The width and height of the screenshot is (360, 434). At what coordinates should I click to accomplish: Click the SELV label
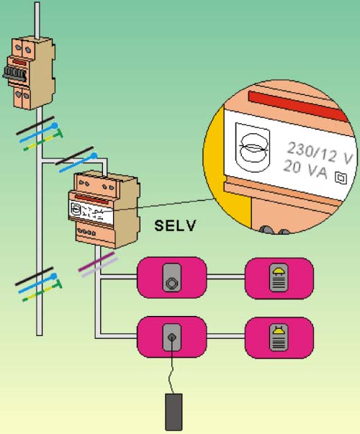coord(175,225)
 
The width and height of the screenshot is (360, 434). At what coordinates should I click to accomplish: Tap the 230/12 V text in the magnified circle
coord(320,153)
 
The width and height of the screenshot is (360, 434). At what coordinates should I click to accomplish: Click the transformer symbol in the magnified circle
coord(253,148)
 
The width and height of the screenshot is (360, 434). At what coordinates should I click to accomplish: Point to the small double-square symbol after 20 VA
coord(341,178)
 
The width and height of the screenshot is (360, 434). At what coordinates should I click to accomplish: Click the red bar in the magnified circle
coord(298,106)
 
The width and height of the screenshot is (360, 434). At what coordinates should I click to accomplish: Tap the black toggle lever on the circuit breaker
coord(14,74)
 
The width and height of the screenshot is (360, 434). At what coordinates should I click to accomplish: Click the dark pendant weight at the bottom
coord(174,412)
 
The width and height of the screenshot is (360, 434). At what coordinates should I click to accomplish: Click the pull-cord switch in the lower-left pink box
coord(171,338)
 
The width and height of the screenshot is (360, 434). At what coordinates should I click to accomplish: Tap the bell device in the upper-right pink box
coord(279,278)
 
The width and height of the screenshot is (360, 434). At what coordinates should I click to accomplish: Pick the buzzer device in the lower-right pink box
coord(279,338)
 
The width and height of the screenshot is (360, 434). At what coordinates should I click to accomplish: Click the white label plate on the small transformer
coord(91,212)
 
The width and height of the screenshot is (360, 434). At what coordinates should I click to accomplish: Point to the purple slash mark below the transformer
coord(96,261)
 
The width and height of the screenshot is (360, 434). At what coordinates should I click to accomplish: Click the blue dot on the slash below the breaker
coord(55,126)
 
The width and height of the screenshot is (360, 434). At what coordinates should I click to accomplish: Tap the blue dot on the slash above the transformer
coord(94,156)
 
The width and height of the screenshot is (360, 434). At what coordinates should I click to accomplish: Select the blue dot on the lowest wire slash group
coord(54,276)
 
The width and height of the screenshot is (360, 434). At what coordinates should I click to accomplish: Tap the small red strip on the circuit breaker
coord(19,63)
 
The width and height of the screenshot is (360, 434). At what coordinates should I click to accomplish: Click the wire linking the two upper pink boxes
coord(225,277)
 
